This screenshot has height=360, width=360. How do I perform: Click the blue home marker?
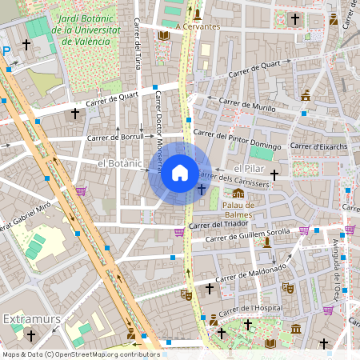pos(180,172)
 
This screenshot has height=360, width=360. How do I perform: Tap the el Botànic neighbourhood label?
pos(119,163)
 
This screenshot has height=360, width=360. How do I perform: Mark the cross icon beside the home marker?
pos(201,189)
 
